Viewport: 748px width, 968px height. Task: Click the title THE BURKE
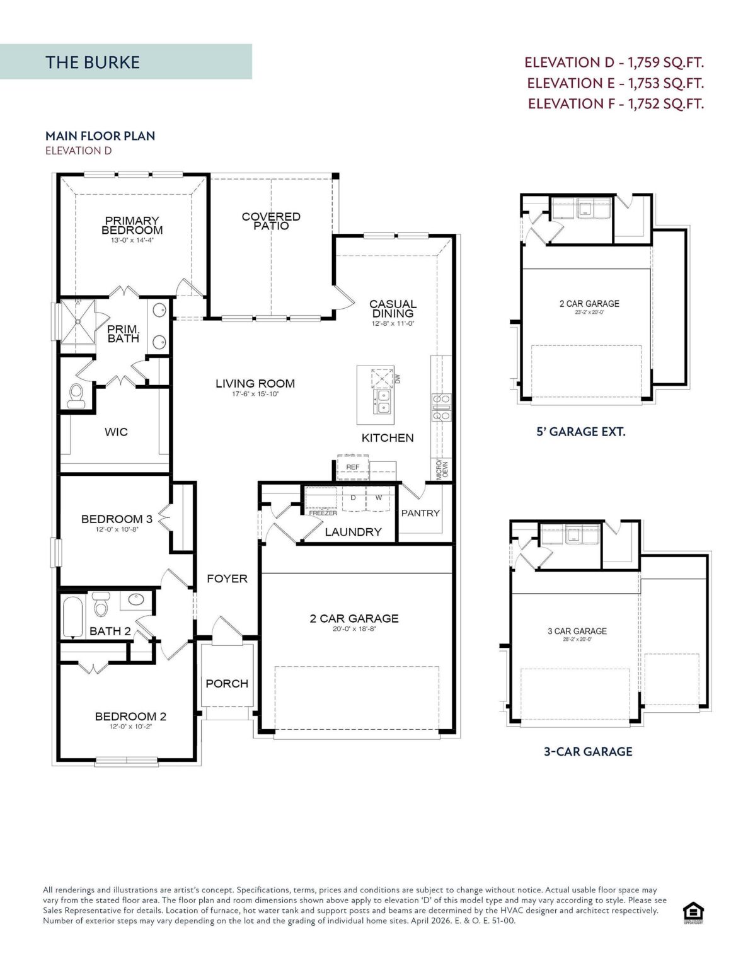click(x=93, y=62)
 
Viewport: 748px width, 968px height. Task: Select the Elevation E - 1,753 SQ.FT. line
click(x=615, y=83)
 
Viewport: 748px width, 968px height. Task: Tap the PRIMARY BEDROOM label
click(x=132, y=226)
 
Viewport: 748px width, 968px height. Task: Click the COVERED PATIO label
click(x=271, y=221)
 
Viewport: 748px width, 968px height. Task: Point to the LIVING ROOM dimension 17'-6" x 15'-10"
click(x=255, y=395)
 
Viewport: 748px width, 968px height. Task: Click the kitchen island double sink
click(x=382, y=401)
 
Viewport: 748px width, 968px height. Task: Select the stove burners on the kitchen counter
click(x=441, y=407)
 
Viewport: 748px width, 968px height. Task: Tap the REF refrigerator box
click(x=353, y=468)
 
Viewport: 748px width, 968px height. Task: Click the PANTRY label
click(x=420, y=513)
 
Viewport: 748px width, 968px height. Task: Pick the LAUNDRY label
click(x=353, y=532)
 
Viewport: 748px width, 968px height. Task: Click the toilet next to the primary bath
click(x=76, y=395)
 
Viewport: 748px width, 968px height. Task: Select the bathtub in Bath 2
click(x=73, y=617)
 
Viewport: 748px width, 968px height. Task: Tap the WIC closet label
click(x=116, y=432)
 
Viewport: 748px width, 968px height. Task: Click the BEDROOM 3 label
click(x=117, y=519)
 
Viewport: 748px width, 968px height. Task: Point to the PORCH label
click(x=227, y=684)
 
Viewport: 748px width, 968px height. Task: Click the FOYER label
click(x=227, y=579)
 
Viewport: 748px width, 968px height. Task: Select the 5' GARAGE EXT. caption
click(x=580, y=432)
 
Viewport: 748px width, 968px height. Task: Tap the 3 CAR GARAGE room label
click(x=577, y=631)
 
